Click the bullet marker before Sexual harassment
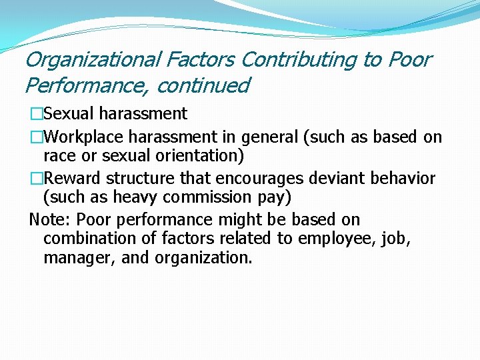[36, 114]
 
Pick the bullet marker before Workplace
[36, 137]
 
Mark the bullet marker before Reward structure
[36, 179]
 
